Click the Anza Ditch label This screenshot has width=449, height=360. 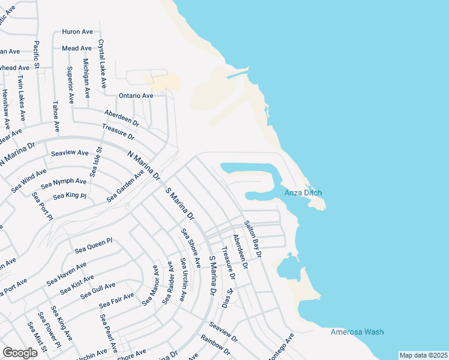tap(303, 193)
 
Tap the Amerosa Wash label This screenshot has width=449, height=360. tap(357, 332)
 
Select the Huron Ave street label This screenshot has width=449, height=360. tap(77, 31)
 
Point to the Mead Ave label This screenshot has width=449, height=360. tap(77, 48)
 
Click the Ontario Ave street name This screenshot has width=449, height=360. tap(136, 95)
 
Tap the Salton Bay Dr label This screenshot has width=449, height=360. tap(253, 239)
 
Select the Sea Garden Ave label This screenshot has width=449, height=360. tap(125, 187)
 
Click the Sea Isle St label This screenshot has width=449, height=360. tap(96, 161)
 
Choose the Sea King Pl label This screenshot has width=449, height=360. tap(70, 196)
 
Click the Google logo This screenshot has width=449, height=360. tap(20, 352)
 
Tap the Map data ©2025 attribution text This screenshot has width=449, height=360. tap(423, 355)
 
